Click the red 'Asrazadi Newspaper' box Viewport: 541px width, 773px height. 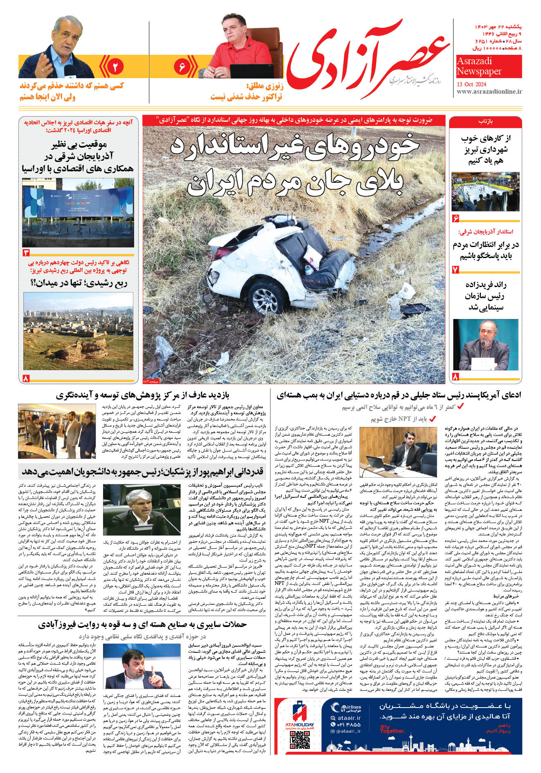tap(489, 66)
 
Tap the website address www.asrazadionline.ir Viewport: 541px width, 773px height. tap(489, 92)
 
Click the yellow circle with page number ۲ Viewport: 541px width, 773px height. tap(115, 66)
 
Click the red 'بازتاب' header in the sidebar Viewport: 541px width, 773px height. tap(485, 121)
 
